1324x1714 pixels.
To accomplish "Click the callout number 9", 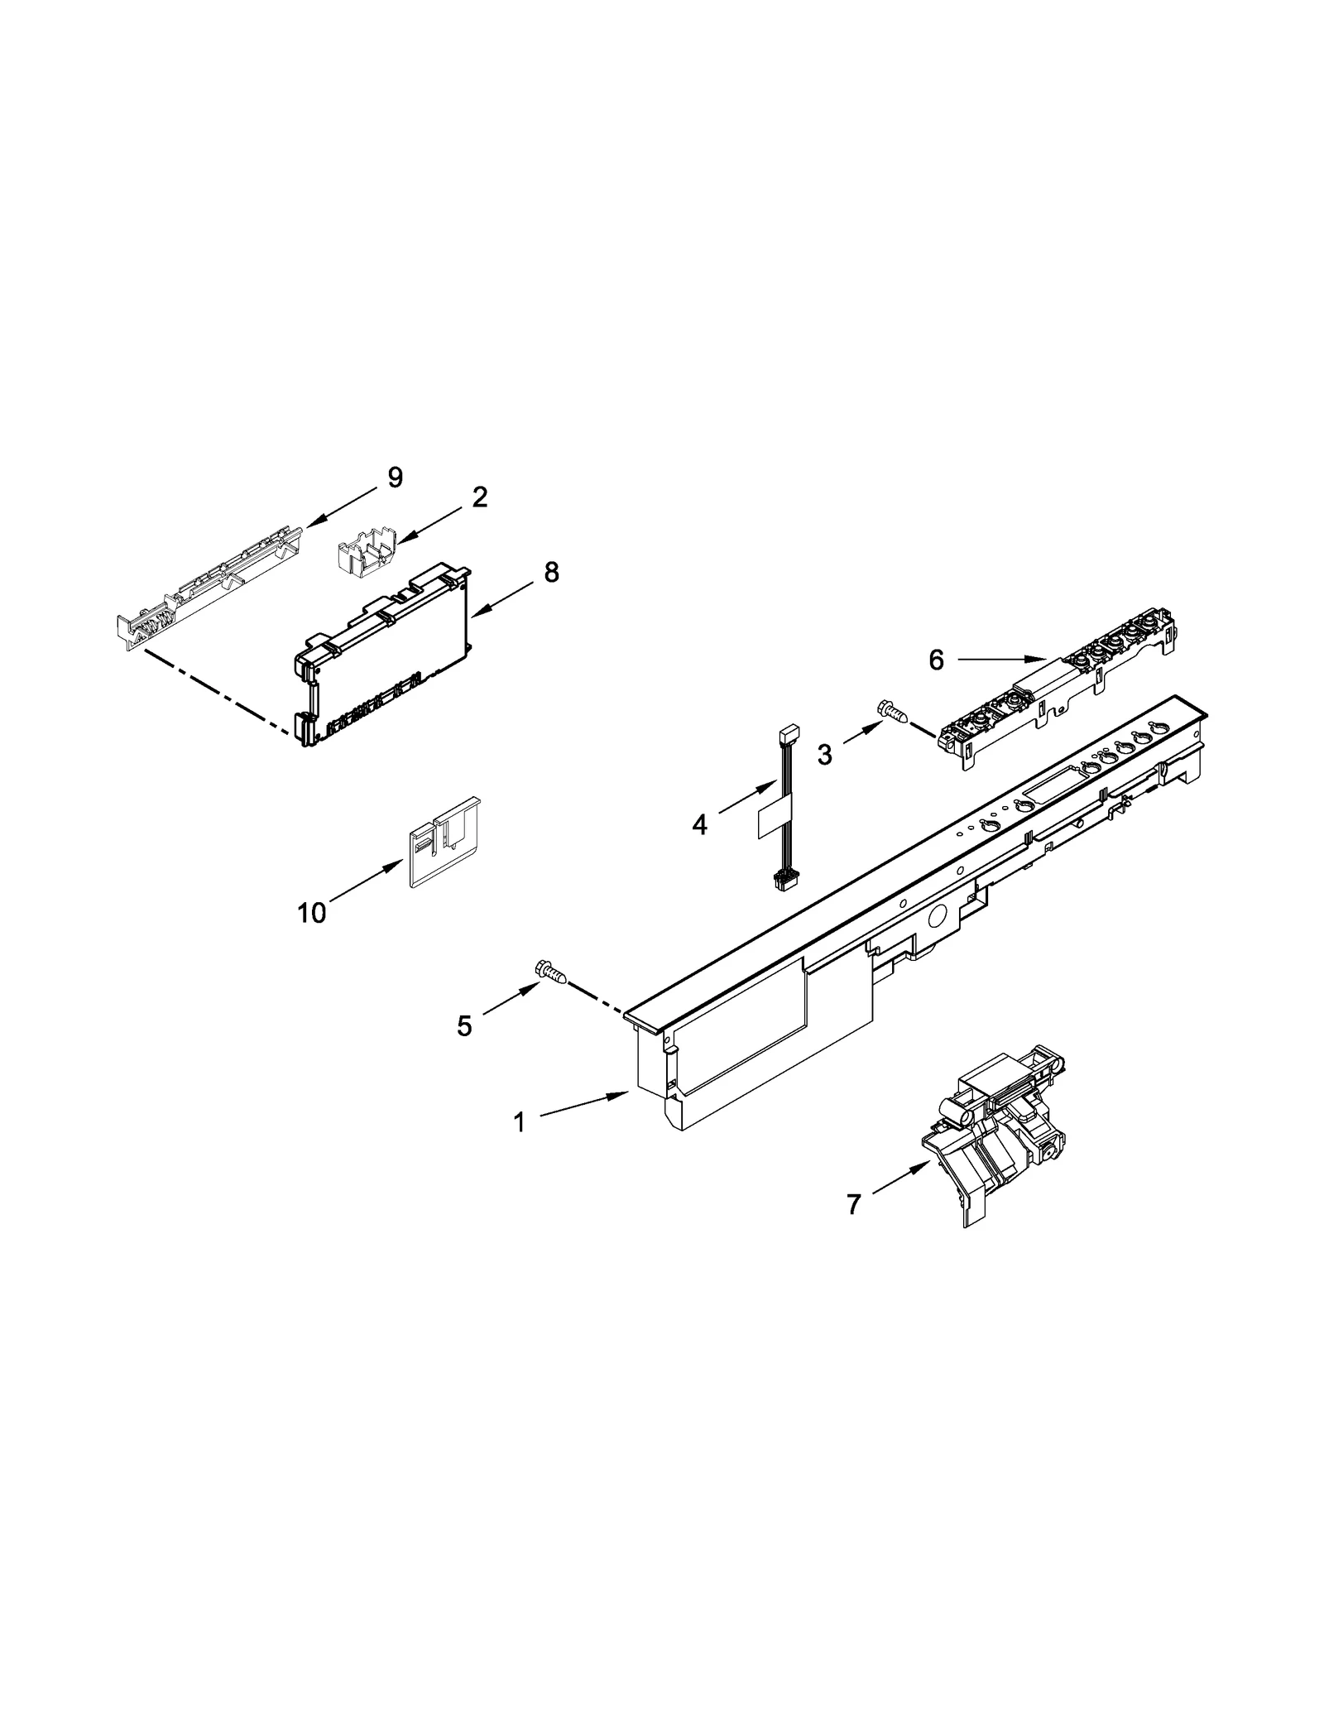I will [x=395, y=478].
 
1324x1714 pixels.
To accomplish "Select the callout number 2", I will [x=479, y=497].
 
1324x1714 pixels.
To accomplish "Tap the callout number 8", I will [x=551, y=572].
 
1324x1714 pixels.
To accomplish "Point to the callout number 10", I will [x=312, y=913].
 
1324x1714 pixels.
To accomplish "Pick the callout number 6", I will [x=936, y=660].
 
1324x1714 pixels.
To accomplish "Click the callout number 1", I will [x=519, y=1123].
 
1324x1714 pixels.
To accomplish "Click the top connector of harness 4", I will [x=789, y=732].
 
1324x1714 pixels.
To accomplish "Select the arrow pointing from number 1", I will [x=583, y=1106].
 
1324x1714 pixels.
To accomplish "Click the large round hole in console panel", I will [x=938, y=916].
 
